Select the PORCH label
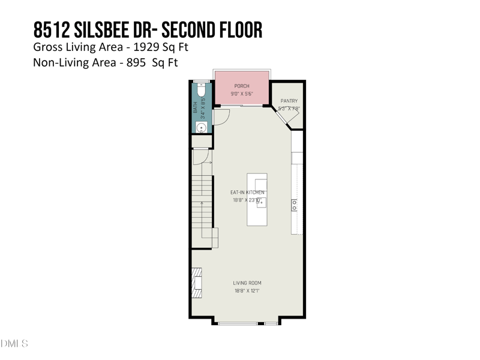[242, 86]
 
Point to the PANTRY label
[289, 101]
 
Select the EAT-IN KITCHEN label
[248, 192]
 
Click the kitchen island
[257, 199]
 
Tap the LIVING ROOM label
[247, 283]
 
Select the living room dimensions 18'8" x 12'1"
[247, 291]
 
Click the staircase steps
[203, 204]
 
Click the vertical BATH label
[195, 107]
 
